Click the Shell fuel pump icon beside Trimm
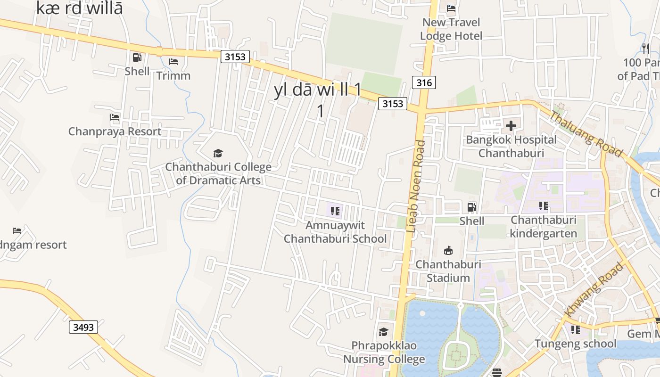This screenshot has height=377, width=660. point(137,57)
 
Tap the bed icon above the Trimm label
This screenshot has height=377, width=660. point(173,62)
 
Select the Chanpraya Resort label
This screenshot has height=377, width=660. point(115,131)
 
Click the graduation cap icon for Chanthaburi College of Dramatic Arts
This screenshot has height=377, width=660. point(218,153)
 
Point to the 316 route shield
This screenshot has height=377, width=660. point(424,83)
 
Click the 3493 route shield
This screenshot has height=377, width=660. point(83,327)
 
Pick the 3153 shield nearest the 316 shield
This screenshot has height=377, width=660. point(393,104)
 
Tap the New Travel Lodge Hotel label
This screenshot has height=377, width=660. point(451,29)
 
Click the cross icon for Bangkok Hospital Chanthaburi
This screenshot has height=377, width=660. point(511,126)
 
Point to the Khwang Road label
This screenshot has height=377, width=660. point(594,289)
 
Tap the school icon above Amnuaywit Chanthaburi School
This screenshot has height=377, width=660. point(335,211)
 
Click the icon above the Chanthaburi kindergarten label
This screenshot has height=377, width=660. point(544,206)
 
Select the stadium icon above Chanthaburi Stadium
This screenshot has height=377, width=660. point(448,250)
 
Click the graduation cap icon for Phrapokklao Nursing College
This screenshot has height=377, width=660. point(384,332)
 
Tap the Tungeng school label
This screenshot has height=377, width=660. point(575,344)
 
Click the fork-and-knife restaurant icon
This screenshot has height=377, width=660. point(646,48)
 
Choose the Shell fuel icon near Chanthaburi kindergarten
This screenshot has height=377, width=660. point(471,207)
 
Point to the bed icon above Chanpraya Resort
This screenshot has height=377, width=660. point(115,117)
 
